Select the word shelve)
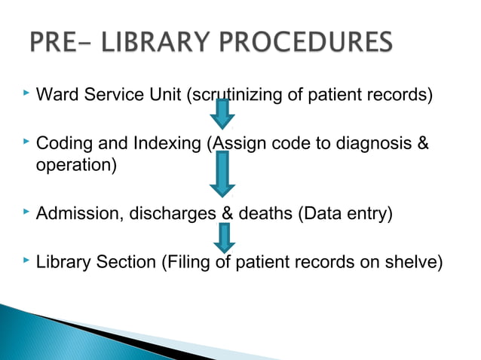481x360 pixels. [411, 263]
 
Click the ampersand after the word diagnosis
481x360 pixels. [422, 143]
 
